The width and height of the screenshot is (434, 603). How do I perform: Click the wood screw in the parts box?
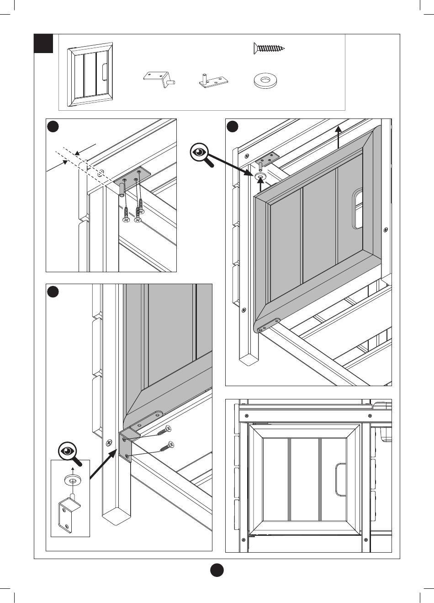pyautogui.click(x=269, y=48)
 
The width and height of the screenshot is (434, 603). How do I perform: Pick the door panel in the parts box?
pyautogui.click(x=90, y=75)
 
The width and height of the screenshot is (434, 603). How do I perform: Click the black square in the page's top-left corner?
pyautogui.click(x=43, y=43)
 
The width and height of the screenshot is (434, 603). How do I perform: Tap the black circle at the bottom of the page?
pyautogui.click(x=217, y=571)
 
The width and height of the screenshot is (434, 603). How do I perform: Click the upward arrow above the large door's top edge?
pyautogui.click(x=338, y=136)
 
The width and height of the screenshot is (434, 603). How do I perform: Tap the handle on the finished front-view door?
pyautogui.click(x=340, y=479)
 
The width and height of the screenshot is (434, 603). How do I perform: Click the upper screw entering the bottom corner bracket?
pyautogui.click(x=165, y=430)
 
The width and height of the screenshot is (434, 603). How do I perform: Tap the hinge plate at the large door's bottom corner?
pyautogui.click(x=269, y=325)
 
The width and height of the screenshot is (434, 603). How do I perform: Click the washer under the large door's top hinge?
pyautogui.click(x=260, y=176)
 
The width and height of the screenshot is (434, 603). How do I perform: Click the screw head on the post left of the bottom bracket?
pyautogui.click(x=110, y=442)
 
